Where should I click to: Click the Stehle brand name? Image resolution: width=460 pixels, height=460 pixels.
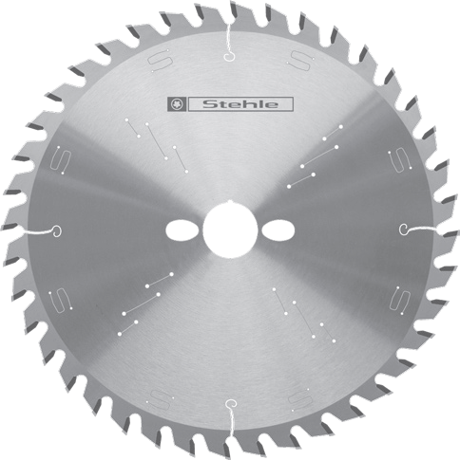click(240, 104)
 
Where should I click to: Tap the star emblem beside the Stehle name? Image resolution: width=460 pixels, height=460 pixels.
click(177, 104)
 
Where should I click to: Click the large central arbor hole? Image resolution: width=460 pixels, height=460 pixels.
click(230, 230)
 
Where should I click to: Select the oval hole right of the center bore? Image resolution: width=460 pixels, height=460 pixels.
click(278, 230)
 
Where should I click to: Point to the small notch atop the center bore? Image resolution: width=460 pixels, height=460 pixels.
click(230, 202)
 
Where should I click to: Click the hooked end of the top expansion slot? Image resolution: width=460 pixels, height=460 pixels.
click(229, 57)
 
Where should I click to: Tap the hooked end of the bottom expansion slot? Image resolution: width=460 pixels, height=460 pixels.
click(231, 404)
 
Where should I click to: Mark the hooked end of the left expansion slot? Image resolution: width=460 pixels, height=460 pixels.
click(56, 231)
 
